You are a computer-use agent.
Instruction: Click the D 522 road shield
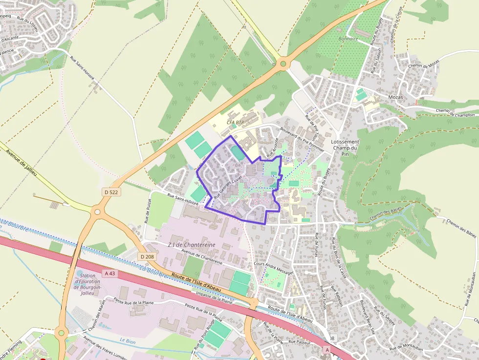tap(111, 192)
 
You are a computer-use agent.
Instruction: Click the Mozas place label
tap(395, 97)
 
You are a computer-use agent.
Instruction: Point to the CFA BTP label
tap(236, 122)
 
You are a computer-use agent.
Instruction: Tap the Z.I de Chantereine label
tap(191, 245)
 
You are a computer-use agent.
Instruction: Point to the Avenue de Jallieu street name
tap(22, 160)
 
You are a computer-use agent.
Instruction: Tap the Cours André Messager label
tap(274, 267)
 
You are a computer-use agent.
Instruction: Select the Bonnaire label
tap(348, 39)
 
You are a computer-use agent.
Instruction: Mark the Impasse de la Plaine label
tap(214, 297)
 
